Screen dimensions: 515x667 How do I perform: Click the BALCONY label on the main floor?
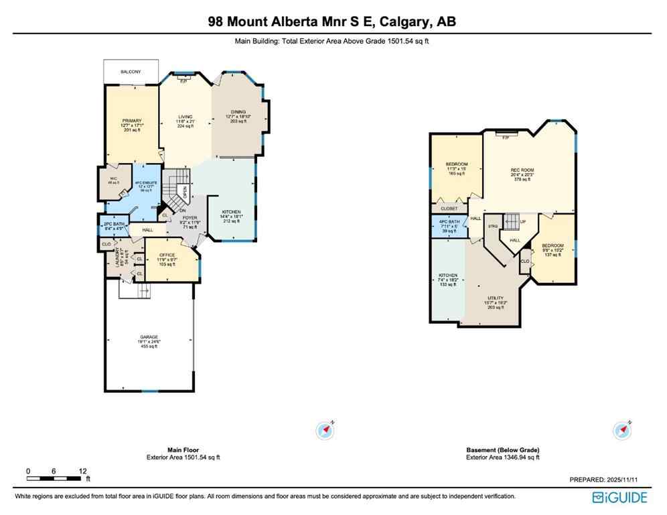pyautogui.click(x=131, y=70)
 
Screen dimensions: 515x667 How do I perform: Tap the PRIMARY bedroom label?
pyautogui.click(x=132, y=121)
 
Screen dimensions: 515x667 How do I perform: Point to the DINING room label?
pyautogui.click(x=238, y=112)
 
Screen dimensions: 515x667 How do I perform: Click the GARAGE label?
pyautogui.click(x=149, y=337)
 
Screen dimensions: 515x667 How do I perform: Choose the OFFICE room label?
pyautogui.click(x=167, y=255)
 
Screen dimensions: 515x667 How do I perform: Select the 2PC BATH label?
pyautogui.click(x=112, y=223)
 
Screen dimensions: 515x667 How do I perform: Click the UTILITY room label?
pyautogui.click(x=496, y=298)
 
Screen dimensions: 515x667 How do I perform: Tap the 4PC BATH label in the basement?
pyautogui.click(x=449, y=222)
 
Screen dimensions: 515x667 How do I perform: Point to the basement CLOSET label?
pyautogui.click(x=448, y=209)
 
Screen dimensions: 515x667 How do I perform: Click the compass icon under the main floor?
pyautogui.click(x=325, y=431)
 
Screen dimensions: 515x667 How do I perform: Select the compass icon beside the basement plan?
pyautogui.click(x=623, y=430)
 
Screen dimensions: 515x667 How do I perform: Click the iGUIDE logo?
pyautogui.click(x=619, y=498)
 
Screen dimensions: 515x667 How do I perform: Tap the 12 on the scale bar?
pyautogui.click(x=82, y=471)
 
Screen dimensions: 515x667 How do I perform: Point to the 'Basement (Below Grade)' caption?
pyautogui.click(x=502, y=450)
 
